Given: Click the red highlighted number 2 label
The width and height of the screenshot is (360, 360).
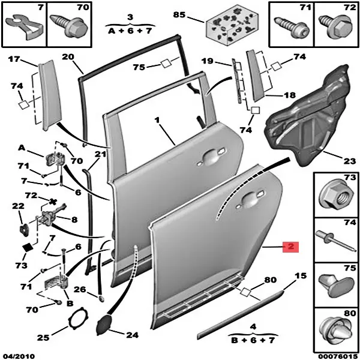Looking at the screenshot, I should click(290, 247).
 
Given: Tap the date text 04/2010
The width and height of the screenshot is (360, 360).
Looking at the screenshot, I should click(16, 355).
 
